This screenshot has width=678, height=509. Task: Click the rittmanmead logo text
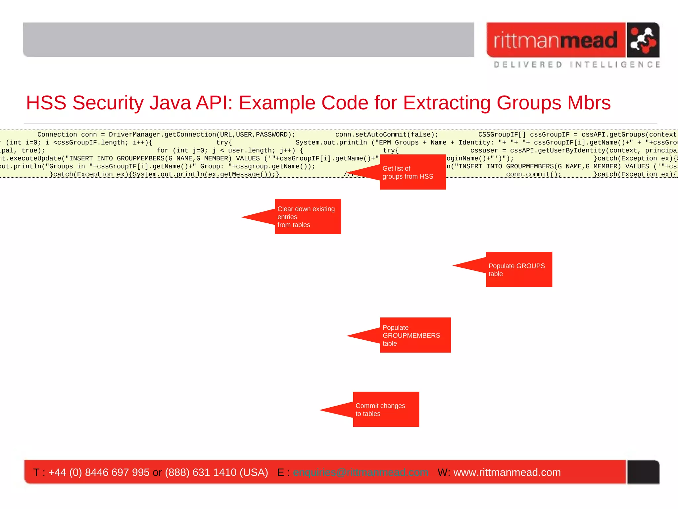click(x=556, y=40)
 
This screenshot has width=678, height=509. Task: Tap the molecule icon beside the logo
click(x=643, y=40)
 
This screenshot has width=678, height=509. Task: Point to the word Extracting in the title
click(x=446, y=103)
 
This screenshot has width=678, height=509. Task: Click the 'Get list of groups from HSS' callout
click(x=412, y=172)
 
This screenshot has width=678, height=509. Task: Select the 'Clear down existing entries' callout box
click(x=308, y=217)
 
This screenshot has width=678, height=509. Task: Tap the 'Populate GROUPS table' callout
click(x=519, y=270)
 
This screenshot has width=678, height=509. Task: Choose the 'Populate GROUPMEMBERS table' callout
click(x=415, y=335)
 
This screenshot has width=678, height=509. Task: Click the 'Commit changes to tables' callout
click(x=386, y=410)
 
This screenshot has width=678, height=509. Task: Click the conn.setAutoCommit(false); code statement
click(x=386, y=135)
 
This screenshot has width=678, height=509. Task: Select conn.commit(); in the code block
click(x=533, y=174)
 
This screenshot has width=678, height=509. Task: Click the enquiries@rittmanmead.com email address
click(x=360, y=472)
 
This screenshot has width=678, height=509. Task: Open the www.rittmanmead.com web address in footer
click(x=507, y=472)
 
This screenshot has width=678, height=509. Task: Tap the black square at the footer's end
click(x=643, y=472)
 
